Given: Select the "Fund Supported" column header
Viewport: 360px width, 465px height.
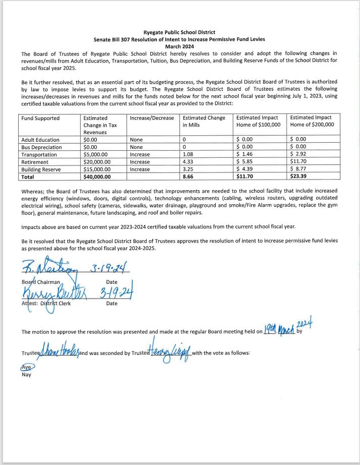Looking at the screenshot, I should point(40,118).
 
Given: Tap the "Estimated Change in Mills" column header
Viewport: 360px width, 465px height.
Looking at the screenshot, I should point(204,122).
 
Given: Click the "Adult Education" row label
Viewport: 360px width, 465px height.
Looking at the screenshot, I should point(40,140).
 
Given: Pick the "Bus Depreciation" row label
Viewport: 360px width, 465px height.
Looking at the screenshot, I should point(42,147).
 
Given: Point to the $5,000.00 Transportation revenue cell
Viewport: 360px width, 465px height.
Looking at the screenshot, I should point(99,155).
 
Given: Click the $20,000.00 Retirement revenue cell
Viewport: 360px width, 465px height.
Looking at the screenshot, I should point(101,162).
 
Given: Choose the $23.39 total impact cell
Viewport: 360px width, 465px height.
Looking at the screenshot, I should point(298,177).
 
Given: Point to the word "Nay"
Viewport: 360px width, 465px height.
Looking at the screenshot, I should point(26,375).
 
